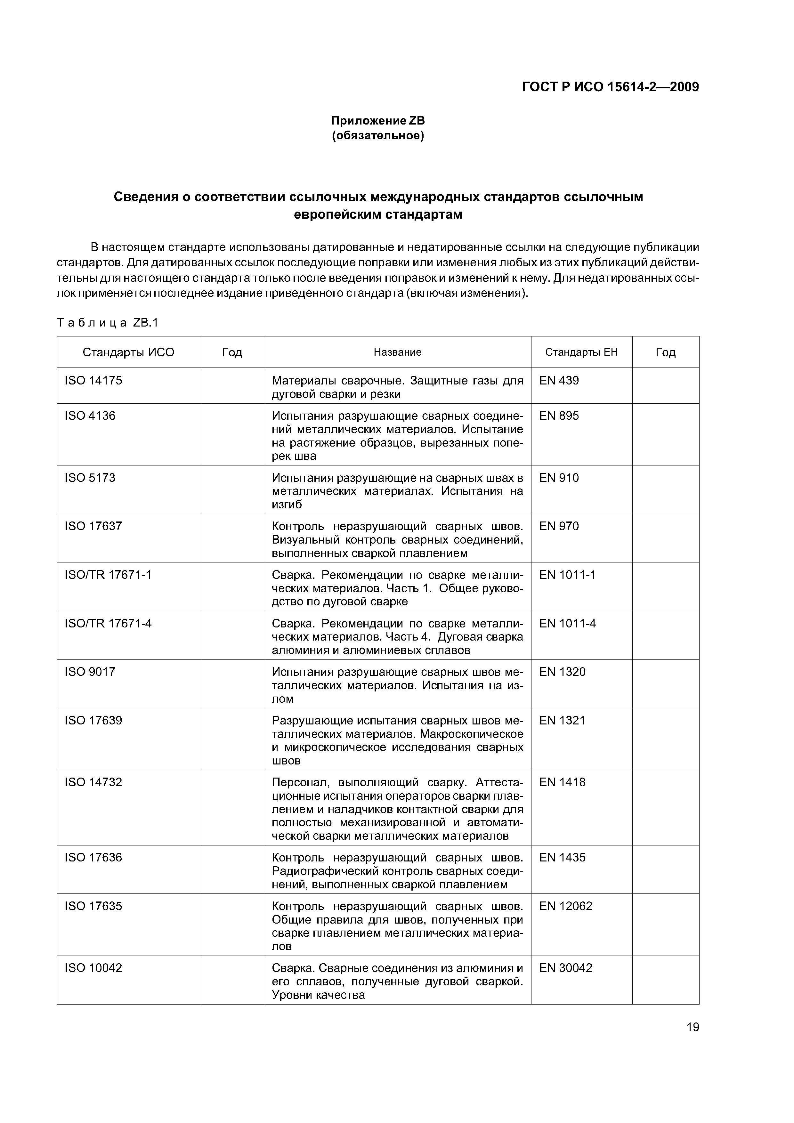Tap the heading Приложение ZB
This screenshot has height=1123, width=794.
(378, 121)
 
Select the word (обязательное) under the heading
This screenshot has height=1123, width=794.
(378, 135)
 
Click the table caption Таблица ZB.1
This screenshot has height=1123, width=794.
(108, 323)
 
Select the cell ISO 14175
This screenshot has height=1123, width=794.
(93, 381)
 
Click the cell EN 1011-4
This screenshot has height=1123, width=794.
(568, 623)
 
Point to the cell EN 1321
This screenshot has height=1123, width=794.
(562, 721)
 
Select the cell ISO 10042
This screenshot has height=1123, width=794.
(93, 968)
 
